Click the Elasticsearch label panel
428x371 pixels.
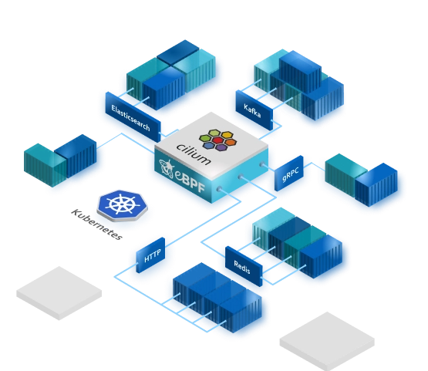tap(133, 116)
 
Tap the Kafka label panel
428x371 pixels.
tap(254, 110)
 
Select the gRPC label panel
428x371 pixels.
tap(288, 173)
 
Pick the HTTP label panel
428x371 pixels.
tap(150, 255)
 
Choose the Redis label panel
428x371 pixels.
tap(244, 266)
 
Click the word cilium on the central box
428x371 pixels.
tap(194, 154)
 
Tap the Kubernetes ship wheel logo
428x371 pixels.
tap(123, 205)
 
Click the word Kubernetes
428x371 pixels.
tap(96, 224)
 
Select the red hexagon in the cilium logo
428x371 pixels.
tap(217, 140)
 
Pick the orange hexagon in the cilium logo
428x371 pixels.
tap(231, 142)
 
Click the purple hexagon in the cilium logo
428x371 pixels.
tap(221, 147)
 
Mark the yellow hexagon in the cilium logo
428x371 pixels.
tap(227, 135)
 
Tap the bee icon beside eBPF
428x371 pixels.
tap(167, 167)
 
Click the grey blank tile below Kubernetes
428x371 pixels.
tap(59, 293)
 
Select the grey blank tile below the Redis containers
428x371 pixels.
tap(327, 341)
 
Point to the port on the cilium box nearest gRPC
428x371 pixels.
tap(262, 164)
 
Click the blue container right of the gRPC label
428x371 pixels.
tap(376, 184)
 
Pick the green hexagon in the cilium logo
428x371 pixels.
tap(205, 138)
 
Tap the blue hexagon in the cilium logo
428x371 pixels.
tap(208, 146)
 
